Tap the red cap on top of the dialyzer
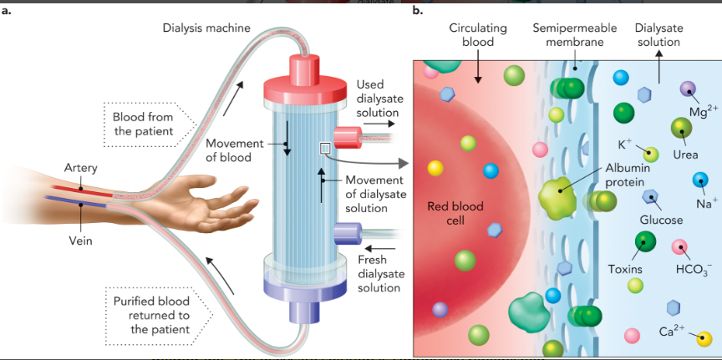point(306,79)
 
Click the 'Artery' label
point(81,169)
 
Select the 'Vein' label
point(80,241)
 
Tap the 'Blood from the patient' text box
point(142,124)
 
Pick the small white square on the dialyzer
point(324,148)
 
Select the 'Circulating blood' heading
point(477,34)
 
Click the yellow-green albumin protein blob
point(558,196)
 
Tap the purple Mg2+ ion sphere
point(688,89)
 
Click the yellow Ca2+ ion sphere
point(704,338)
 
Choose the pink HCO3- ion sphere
point(680,246)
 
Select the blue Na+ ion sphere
point(699,180)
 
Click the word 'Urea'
point(684,155)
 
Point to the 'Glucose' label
point(661,220)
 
